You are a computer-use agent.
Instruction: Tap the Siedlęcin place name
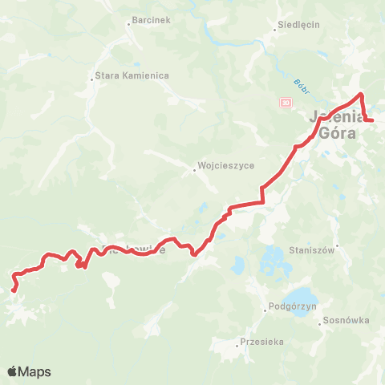tap(299, 25)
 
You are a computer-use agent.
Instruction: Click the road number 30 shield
tap(285, 103)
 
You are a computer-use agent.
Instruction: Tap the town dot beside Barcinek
tap(129, 23)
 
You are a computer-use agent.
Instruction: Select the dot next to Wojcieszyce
tap(195, 169)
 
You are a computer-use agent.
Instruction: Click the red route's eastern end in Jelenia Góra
tap(372, 120)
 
